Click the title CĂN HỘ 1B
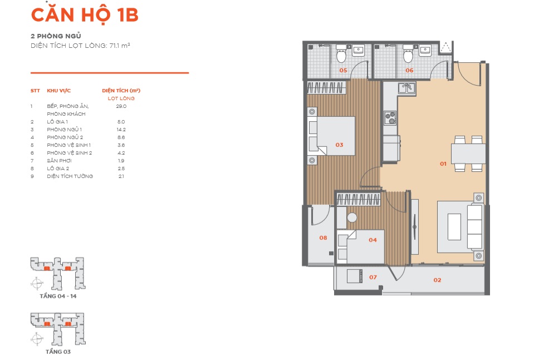pos(85,14)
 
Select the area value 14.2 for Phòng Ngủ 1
pos(121,130)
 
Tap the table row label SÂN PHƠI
pos(60,161)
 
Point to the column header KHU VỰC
pos(58,91)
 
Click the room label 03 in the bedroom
pos(339,145)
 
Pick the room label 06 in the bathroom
pos(409,71)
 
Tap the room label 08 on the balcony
pos(323,238)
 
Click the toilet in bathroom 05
pos(341,53)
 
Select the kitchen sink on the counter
pos(406,88)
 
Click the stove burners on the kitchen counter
pos(390,118)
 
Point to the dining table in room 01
pos(468,154)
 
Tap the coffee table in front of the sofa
pos(454,227)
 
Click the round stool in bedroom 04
pos(352,218)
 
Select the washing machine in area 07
pos(355,276)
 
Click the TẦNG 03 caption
pos(58,352)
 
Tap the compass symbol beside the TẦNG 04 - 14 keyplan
pos(37,284)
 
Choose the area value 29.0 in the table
pos(121,106)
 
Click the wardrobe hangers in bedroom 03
pos(326,87)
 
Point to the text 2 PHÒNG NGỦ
pos(56,36)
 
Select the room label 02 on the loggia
pos(437,280)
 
